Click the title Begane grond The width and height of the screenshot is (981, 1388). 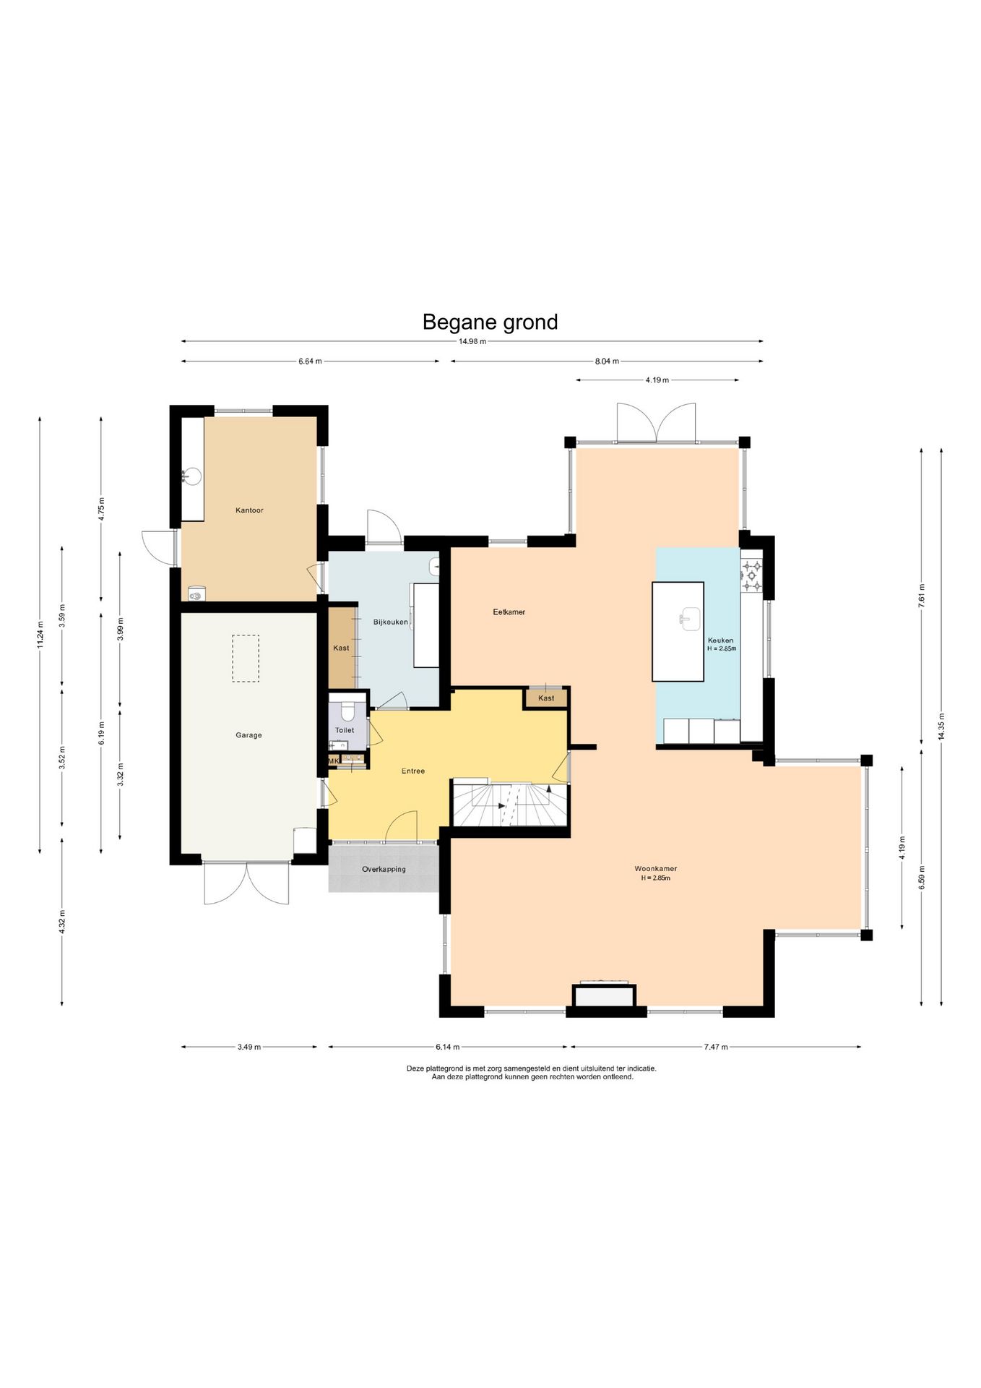click(490, 322)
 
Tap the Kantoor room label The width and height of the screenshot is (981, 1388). click(249, 510)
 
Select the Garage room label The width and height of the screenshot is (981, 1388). click(249, 735)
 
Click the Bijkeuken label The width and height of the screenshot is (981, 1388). click(390, 622)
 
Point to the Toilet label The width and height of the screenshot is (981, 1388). click(345, 730)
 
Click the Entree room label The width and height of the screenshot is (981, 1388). click(413, 771)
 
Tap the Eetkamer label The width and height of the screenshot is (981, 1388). click(509, 612)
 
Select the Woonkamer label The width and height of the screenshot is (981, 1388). click(655, 869)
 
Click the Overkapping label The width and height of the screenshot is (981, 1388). click(384, 870)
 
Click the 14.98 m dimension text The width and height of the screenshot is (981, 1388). click(472, 342)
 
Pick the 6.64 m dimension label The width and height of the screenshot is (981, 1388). click(310, 361)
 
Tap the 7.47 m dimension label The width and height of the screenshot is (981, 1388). click(716, 1047)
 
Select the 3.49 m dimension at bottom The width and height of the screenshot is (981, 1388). click(249, 1047)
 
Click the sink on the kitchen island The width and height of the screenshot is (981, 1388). click(690, 619)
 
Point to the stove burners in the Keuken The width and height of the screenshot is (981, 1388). click(751, 576)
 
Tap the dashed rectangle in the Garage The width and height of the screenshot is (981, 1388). click(246, 659)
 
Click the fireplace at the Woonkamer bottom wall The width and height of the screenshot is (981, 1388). click(605, 995)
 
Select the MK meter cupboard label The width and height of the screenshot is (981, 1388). click(333, 761)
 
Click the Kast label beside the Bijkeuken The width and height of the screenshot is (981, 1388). click(341, 648)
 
